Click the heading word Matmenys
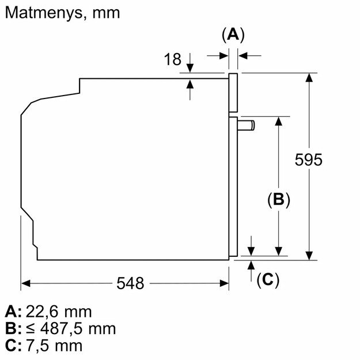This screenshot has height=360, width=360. [43, 13]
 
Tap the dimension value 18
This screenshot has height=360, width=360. [172, 59]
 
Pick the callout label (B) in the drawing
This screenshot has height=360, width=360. [278, 200]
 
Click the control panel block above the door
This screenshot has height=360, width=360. [233, 92]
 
